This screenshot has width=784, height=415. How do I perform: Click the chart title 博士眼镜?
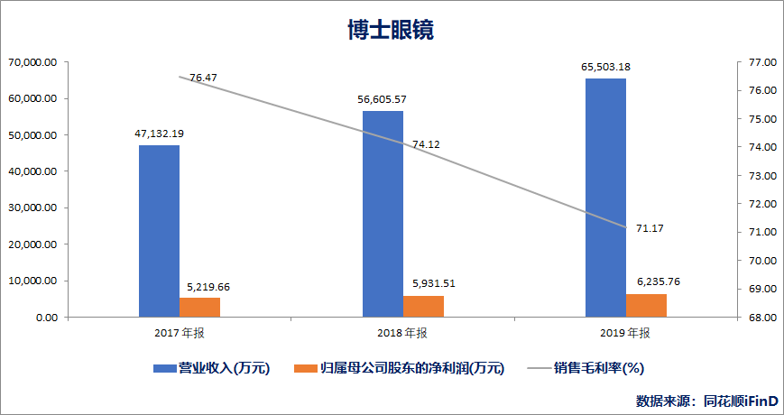click(391, 30)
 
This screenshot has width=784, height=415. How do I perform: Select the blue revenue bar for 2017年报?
click(159, 231)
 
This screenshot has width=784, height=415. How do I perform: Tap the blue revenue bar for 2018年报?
click(383, 214)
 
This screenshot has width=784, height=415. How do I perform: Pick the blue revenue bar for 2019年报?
click(605, 198)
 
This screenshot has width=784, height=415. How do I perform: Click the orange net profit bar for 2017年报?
click(199, 307)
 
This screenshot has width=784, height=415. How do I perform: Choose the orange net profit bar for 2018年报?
click(423, 306)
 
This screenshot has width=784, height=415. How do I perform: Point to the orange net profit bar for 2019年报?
click(646, 305)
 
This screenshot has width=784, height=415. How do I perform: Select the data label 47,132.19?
click(159, 134)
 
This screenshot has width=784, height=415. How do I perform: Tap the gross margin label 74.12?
click(427, 144)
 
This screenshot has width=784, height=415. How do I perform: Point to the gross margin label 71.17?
click(650, 228)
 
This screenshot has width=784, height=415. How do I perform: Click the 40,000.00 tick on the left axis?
click(32, 171)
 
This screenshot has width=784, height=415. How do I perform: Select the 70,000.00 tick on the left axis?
click(32, 62)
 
